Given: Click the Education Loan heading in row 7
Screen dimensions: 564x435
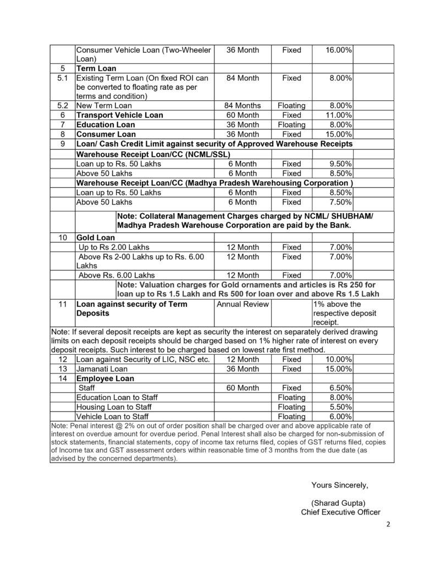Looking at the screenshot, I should click(x=106, y=125).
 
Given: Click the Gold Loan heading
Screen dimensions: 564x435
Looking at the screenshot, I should click(x=96, y=237).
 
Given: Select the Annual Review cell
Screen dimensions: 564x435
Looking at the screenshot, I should click(x=242, y=304).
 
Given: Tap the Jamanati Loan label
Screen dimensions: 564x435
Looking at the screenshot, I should click(x=102, y=368).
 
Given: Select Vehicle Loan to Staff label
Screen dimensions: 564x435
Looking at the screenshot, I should click(x=112, y=416).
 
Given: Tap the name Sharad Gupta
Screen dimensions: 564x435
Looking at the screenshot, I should click(x=338, y=503).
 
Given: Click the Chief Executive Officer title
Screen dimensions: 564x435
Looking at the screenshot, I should click(x=340, y=512).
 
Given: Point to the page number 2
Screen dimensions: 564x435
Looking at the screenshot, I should click(x=388, y=524).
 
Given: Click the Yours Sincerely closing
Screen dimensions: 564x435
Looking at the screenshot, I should click(x=339, y=485).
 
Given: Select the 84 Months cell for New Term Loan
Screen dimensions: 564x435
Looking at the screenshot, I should click(x=243, y=105).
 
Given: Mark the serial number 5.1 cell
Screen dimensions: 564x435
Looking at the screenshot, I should click(x=63, y=78).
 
